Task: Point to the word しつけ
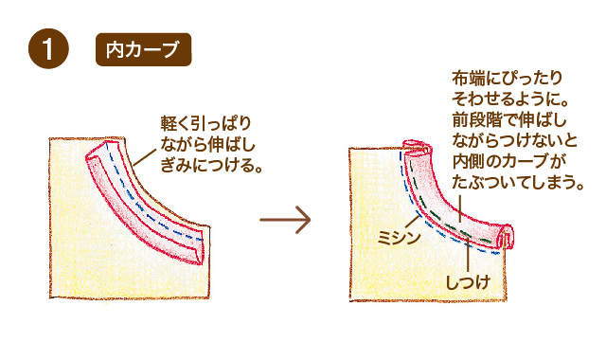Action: point(468,281)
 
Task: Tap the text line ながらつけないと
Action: point(511,141)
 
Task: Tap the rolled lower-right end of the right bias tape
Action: point(505,236)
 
